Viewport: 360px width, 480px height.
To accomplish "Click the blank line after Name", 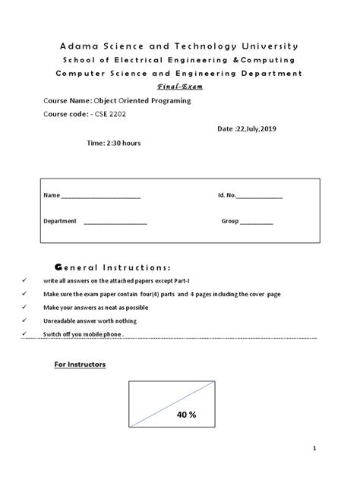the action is click(100, 197).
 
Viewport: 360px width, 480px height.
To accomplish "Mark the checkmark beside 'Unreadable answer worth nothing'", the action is click(25, 321).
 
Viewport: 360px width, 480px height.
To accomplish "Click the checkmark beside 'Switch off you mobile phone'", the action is click(25, 334).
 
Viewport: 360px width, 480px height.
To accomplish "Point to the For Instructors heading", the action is click(80, 365).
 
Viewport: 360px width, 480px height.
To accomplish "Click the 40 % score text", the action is click(186, 415).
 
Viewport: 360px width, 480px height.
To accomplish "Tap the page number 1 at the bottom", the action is click(333, 448).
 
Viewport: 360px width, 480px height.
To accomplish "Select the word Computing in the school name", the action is click(269, 59).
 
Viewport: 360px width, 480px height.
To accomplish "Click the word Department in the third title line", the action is click(269, 73).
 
